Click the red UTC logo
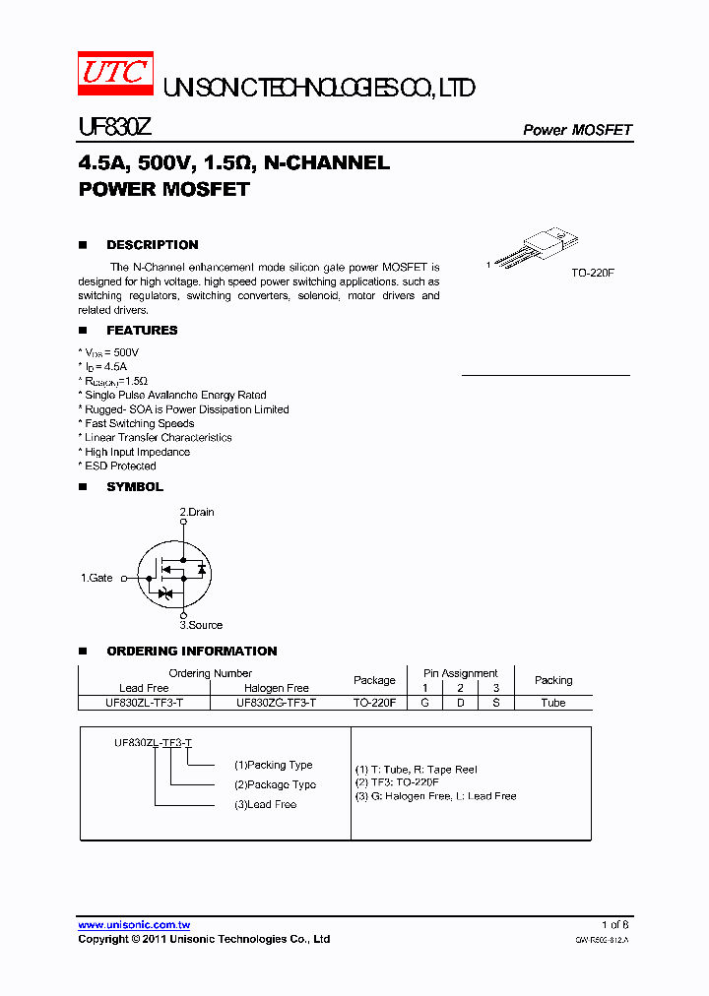point(115,75)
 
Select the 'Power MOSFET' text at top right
point(576,130)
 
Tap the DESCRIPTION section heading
point(152,245)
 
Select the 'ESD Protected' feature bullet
point(118,467)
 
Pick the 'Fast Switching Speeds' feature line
point(138,423)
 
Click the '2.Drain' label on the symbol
point(196,512)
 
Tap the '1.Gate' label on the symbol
point(97,579)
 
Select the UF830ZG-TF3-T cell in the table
point(276,704)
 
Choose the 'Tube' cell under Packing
point(552,704)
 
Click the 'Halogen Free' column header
point(276,688)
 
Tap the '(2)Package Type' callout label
point(275,784)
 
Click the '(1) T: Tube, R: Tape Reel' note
point(416,770)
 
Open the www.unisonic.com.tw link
point(134,925)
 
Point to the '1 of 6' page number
point(614,924)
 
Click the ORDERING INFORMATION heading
point(191,652)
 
